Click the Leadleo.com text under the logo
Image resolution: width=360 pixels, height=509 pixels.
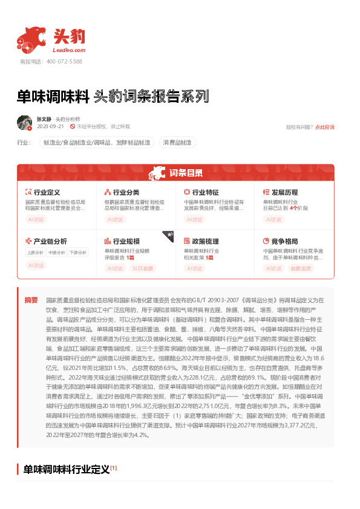70,50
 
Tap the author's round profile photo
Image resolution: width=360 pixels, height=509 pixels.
24,122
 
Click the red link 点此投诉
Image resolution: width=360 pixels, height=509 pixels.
324,127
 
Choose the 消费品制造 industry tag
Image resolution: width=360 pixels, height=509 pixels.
177,143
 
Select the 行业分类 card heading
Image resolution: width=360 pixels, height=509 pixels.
126,192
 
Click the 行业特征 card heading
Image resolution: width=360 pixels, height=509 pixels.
205,192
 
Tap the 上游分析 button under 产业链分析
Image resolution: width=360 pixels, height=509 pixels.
35,253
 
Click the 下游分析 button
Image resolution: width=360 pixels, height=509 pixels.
77,253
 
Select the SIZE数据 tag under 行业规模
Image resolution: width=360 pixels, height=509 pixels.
143,268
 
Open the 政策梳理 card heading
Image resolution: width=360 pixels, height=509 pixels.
205,241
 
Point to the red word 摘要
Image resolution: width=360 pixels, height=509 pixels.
31,300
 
